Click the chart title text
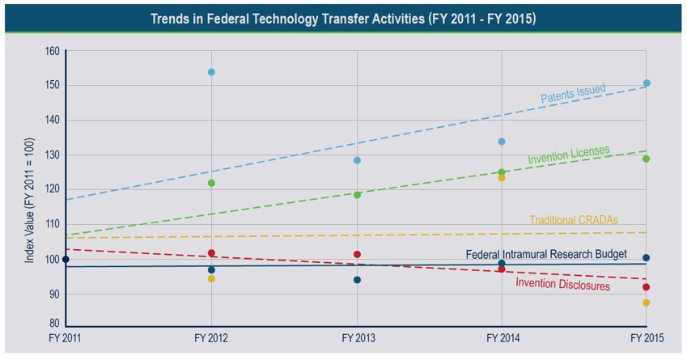(343, 18)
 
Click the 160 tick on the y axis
(52, 51)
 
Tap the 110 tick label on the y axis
(52, 224)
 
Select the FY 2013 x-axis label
(357, 336)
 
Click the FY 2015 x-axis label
(646, 336)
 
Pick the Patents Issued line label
(573, 94)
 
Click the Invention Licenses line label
(569, 155)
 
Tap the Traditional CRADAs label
(574, 219)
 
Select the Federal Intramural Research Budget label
(546, 254)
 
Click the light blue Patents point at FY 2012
(211, 72)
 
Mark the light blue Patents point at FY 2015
(647, 83)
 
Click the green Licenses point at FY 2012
(211, 183)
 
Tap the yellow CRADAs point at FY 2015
(646, 303)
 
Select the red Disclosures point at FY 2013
(357, 254)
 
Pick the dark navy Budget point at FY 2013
(357, 280)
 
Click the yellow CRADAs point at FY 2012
(211, 278)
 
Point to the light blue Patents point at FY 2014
(502, 142)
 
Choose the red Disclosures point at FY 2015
(646, 287)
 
